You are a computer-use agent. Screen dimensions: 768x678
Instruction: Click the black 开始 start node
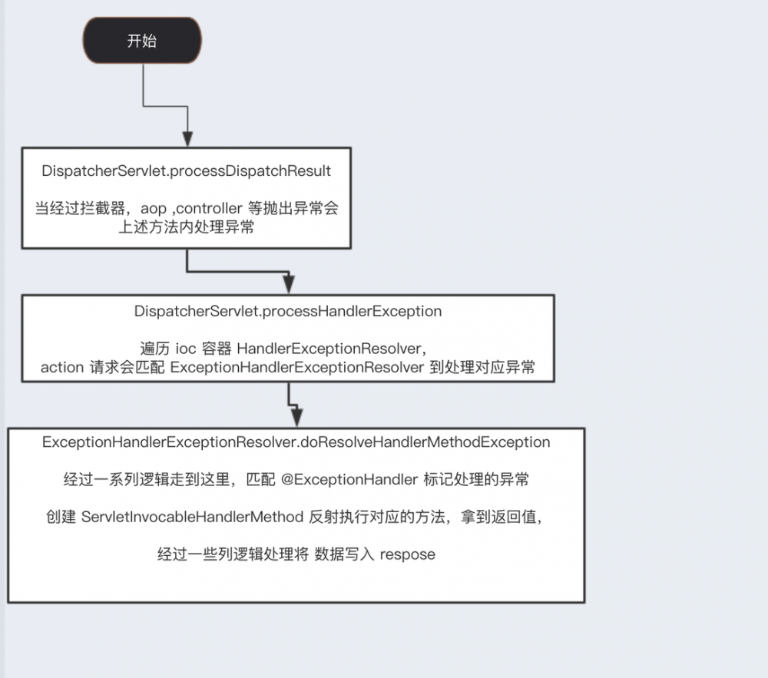coord(142,40)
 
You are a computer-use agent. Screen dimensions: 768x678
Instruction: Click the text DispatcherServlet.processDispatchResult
coord(186,171)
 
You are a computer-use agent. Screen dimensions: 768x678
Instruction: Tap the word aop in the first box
coord(154,210)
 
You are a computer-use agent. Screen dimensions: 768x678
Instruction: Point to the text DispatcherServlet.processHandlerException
coord(288,311)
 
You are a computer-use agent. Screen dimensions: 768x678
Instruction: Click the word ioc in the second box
coord(186,349)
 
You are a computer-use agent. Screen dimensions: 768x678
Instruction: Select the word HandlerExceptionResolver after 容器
coord(329,349)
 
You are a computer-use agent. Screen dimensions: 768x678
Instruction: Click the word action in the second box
coord(62,367)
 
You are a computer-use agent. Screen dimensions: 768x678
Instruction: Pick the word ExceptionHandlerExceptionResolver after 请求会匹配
coord(296,367)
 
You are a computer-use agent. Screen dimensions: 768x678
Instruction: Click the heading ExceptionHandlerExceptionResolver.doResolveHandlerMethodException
coord(296,442)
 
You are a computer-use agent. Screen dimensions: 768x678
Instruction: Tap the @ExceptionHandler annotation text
coord(349,479)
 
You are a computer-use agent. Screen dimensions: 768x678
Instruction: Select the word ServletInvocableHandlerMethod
coord(193,517)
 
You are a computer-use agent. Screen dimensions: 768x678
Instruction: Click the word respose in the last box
coord(408,555)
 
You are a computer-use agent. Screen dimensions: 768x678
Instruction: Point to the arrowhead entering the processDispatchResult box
coord(187,139)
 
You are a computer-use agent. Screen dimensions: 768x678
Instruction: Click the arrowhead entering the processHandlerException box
coord(289,284)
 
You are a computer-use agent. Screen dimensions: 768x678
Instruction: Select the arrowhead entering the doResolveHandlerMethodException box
coord(296,418)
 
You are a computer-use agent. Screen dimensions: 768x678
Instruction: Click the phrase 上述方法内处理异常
coord(186,227)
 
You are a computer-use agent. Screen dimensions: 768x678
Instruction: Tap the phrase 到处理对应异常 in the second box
coord(482,367)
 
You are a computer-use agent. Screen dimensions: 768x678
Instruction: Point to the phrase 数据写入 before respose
coord(344,554)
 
